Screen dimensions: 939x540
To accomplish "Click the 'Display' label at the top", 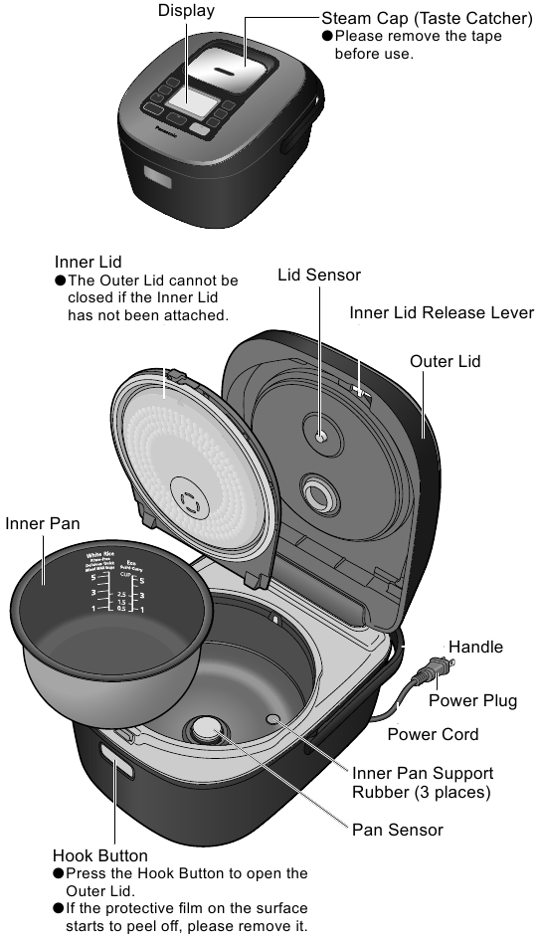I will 186,10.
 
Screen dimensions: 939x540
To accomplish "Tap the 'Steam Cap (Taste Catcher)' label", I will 427,19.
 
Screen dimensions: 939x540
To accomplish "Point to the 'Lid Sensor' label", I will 318,275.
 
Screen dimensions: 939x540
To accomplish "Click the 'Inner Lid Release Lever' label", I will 442,312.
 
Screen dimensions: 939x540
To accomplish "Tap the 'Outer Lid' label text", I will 445,361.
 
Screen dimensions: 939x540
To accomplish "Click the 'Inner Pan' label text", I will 42,523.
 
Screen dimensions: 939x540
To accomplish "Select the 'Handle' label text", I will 475,647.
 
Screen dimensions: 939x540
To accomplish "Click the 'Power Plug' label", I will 472,700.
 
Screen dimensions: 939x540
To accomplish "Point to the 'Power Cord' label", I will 433,734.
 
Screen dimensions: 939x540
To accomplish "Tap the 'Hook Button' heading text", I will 99,855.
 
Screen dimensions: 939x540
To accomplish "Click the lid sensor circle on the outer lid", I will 320,436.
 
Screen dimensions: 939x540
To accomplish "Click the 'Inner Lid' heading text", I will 88,262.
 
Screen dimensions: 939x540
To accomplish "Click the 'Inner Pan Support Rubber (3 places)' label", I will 422,782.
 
